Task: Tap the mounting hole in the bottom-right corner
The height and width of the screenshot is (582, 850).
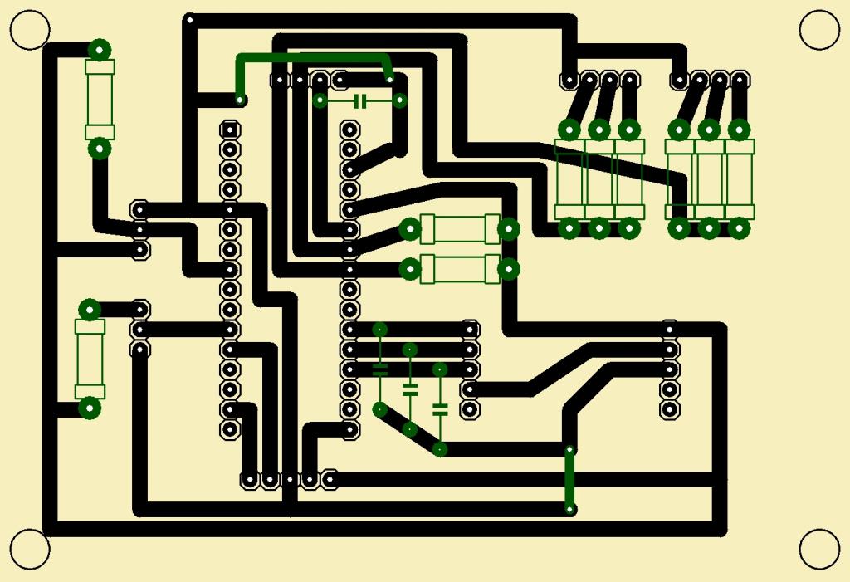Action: tap(819, 549)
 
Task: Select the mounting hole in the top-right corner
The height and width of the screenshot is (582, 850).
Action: tap(819, 30)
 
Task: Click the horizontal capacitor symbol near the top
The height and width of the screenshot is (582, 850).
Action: tap(359, 101)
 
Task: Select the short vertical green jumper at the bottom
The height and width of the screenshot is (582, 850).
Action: tap(569, 479)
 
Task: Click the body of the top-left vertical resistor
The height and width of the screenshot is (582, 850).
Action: tap(100, 99)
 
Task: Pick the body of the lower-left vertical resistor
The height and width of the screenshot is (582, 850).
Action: tap(90, 359)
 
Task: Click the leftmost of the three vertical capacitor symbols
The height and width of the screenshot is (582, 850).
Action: tap(380, 369)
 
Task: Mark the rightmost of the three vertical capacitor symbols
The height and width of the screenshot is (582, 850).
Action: tap(440, 408)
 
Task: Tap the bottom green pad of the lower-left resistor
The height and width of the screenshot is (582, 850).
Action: tap(90, 408)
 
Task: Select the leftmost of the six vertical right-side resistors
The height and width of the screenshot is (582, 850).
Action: tap(569, 179)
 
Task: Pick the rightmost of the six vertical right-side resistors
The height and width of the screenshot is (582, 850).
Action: tap(739, 179)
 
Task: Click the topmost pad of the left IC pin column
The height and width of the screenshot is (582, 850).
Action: tap(230, 130)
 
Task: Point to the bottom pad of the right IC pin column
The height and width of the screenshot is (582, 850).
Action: tap(350, 430)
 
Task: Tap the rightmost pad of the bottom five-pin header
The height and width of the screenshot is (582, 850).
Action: tap(330, 479)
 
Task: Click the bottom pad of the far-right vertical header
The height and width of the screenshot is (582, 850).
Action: tap(670, 408)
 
